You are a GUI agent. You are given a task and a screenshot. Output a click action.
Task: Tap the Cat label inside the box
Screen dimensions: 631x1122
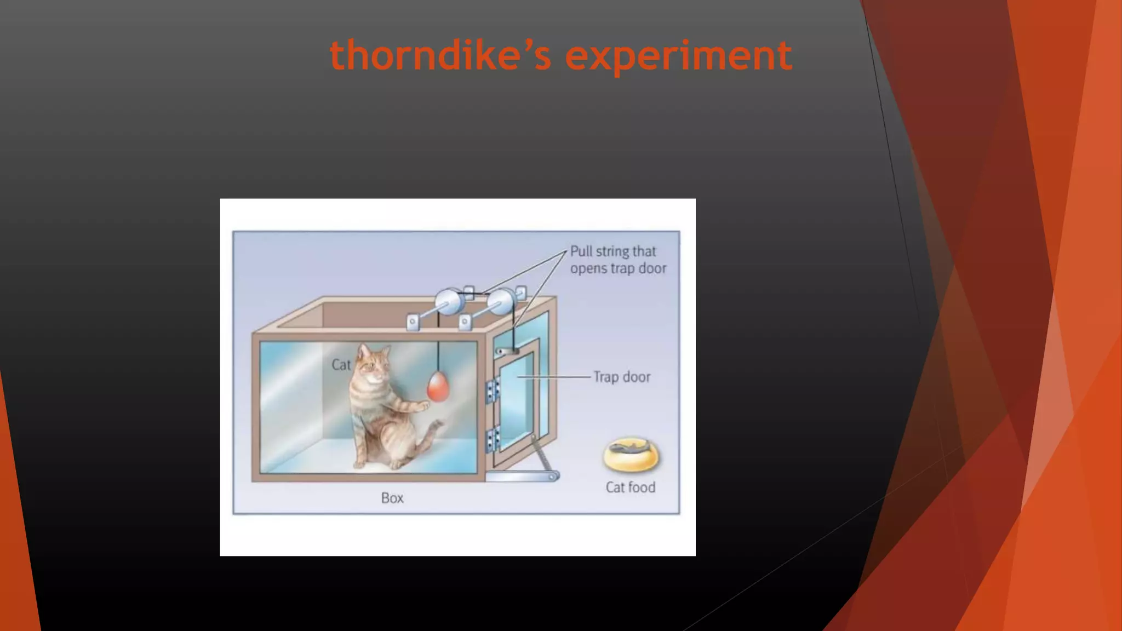click(341, 365)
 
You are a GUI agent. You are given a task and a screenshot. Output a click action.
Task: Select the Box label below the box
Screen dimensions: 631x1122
click(392, 498)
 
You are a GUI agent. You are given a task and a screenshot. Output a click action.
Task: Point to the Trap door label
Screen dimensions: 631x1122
click(622, 377)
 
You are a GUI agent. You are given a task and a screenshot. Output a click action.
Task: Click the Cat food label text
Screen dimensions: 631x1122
click(630, 487)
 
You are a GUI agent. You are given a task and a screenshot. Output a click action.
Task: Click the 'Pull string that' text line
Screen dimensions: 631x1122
click(612, 251)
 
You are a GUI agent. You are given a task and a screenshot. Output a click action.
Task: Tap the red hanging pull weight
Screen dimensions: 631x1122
click(438, 387)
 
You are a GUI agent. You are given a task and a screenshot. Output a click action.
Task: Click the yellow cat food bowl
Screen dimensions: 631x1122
click(631, 455)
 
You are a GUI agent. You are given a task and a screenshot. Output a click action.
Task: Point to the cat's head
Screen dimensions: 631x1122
click(373, 364)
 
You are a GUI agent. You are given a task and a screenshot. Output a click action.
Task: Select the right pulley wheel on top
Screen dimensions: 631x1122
click(500, 302)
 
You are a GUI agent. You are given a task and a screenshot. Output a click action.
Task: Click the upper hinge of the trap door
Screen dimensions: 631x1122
click(492, 390)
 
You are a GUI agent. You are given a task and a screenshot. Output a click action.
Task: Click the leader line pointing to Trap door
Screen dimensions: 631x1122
click(553, 377)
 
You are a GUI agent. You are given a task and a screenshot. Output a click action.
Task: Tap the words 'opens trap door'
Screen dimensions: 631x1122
click(618, 268)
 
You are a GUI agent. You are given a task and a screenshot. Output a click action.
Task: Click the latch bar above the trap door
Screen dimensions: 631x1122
click(507, 351)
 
